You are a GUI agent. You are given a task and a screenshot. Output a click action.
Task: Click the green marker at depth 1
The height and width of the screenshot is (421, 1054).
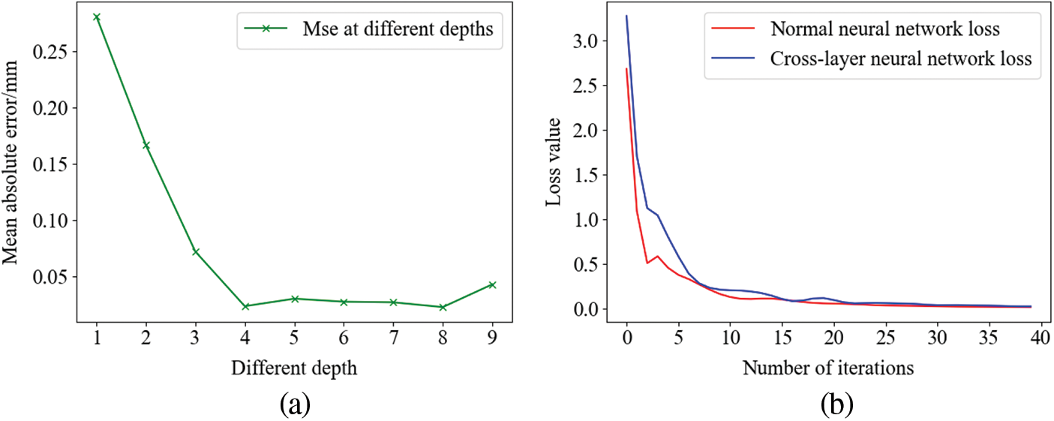[x=97, y=17]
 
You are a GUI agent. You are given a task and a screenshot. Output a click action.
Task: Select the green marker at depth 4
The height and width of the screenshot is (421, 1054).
[x=246, y=306]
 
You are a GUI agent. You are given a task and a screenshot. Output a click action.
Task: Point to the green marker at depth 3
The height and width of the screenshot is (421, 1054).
[x=196, y=251]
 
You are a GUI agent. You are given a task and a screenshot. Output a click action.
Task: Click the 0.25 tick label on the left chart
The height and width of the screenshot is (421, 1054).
[x=53, y=53]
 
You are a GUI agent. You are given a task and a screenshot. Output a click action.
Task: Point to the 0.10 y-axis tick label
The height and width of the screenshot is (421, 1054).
[x=53, y=221]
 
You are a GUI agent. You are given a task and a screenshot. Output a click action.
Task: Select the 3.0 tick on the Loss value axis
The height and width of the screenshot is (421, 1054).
[x=596, y=41]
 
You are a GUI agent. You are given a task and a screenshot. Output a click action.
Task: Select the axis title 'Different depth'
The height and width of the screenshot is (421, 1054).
[x=295, y=368]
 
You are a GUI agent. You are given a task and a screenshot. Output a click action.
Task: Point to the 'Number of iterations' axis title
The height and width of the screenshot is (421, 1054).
[x=828, y=368]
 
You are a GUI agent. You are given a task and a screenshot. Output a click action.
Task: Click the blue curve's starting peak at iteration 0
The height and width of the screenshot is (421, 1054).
[x=626, y=17]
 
